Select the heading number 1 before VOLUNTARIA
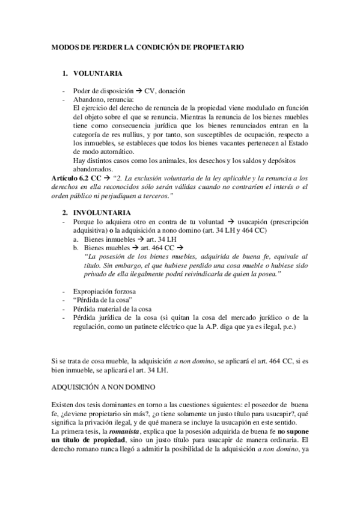65,73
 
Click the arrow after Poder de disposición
138,91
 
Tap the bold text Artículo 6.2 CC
75,179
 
